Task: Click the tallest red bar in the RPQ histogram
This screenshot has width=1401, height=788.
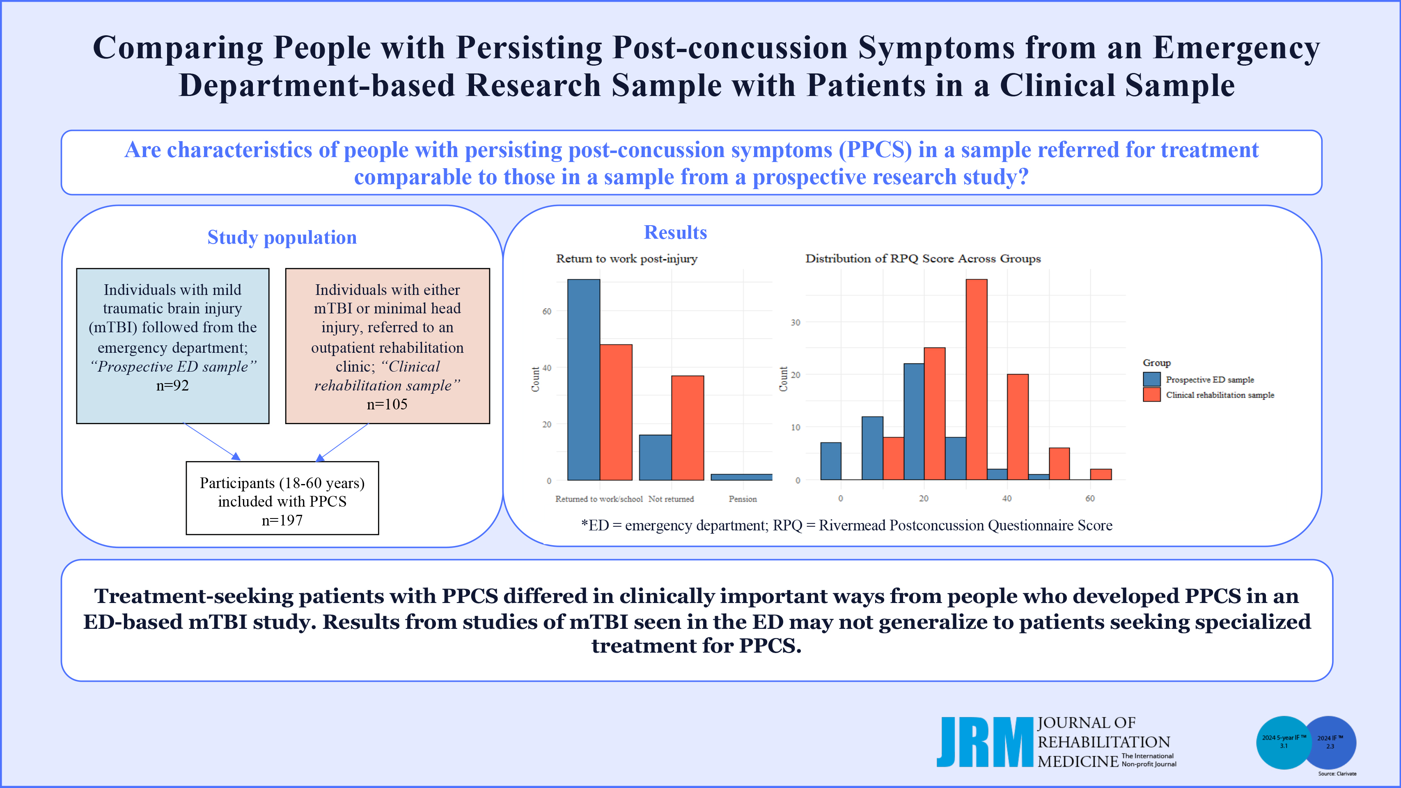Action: (976, 379)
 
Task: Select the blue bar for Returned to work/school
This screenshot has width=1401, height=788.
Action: (584, 379)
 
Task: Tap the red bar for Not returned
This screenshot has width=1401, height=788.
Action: (688, 428)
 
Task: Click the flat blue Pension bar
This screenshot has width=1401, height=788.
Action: (741, 477)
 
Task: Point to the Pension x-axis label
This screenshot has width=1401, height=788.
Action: (743, 499)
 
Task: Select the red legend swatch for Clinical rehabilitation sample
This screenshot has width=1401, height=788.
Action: (1152, 395)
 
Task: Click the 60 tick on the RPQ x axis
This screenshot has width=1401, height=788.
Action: (1090, 498)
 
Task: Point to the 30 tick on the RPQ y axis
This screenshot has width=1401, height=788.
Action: (795, 322)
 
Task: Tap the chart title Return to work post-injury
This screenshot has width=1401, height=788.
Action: (626, 259)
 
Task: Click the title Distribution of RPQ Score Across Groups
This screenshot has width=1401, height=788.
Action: (923, 259)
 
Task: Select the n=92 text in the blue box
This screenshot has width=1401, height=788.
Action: (172, 385)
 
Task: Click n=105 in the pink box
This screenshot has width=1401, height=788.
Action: (387, 404)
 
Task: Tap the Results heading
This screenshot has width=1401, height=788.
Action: (676, 233)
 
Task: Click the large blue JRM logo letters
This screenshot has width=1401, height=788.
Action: (985, 742)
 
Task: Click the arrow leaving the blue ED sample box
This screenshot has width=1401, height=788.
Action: (212, 442)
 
